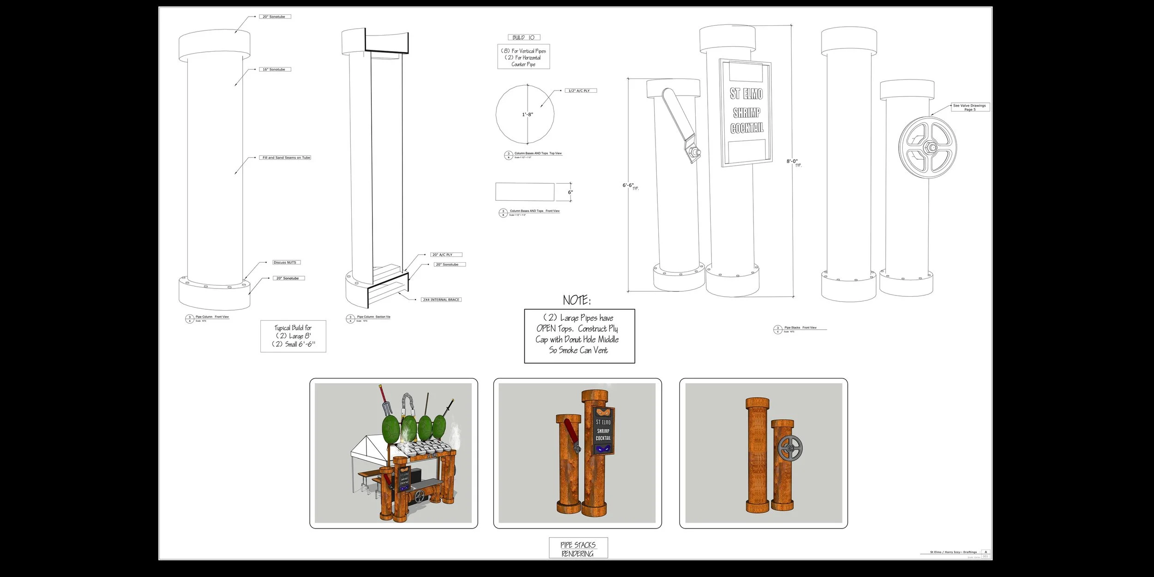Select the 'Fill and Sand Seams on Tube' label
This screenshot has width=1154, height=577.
286,158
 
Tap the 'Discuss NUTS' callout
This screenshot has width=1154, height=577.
286,263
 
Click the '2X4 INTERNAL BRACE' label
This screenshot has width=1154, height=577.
441,300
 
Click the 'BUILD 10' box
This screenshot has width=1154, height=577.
523,38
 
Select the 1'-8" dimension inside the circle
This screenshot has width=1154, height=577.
528,114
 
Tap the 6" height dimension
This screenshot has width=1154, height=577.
571,192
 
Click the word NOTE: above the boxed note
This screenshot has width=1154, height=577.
577,301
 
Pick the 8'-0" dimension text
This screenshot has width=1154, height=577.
792,162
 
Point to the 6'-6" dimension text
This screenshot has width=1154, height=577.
628,186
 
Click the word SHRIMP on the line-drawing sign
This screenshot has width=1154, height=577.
746,113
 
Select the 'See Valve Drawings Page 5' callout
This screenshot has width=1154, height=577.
969,108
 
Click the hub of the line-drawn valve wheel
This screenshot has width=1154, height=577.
928,147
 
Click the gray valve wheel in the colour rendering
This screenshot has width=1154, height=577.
790,448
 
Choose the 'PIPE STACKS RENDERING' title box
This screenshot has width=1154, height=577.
578,549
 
